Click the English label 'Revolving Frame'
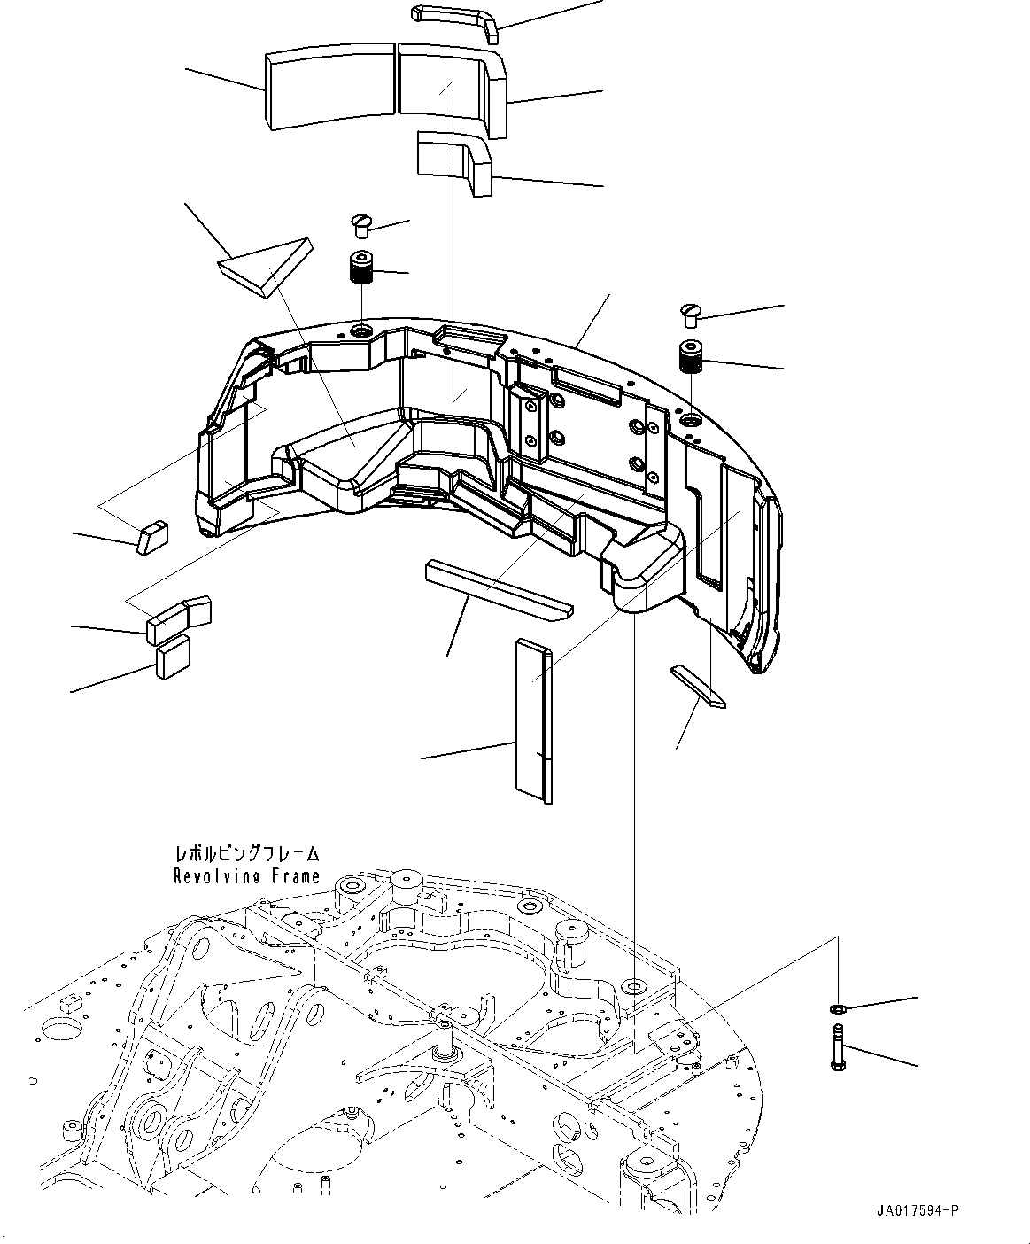(x=246, y=876)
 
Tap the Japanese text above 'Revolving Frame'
(x=246, y=854)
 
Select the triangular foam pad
(x=267, y=265)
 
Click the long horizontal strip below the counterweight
(x=499, y=588)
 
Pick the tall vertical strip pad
(x=533, y=719)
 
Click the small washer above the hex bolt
(x=836, y=1008)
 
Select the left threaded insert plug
(x=359, y=267)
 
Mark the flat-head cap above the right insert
(x=691, y=314)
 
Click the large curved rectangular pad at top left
(x=329, y=89)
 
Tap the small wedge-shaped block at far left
(x=150, y=538)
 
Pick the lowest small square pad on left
(x=173, y=657)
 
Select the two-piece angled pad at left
(x=179, y=618)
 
